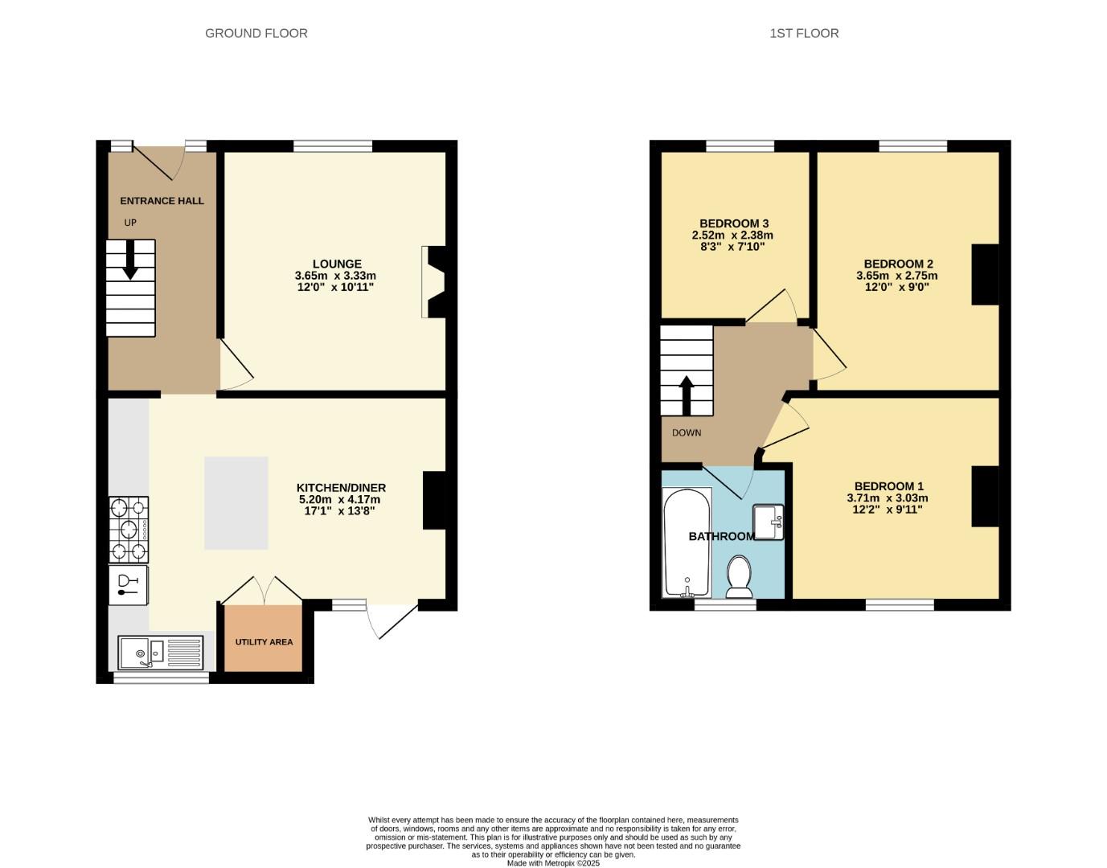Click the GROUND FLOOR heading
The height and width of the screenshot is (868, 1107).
point(256,33)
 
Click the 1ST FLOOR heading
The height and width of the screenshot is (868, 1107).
point(804,33)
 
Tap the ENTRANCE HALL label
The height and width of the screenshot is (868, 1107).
point(162,201)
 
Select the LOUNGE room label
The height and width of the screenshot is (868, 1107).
point(337,264)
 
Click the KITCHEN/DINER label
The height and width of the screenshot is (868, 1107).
point(341,488)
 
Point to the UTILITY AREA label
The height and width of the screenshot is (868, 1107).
point(264,642)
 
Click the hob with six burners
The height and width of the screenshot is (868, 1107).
point(129,529)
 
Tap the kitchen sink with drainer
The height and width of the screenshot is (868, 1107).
point(161,652)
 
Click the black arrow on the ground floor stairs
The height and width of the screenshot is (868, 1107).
point(129,264)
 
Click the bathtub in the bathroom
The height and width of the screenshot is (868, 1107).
point(687,542)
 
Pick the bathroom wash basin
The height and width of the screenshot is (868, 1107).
point(769,522)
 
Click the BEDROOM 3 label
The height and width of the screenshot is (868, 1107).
point(734,223)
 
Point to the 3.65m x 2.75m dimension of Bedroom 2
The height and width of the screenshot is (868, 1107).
point(897,276)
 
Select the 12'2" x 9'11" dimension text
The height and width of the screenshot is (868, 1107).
point(888,509)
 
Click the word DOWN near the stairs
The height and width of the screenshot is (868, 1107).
point(687,432)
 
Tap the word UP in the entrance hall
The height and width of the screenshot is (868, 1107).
point(130,223)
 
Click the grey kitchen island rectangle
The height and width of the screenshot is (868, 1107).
point(236,502)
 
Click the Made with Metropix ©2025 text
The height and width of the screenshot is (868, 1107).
point(553,863)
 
